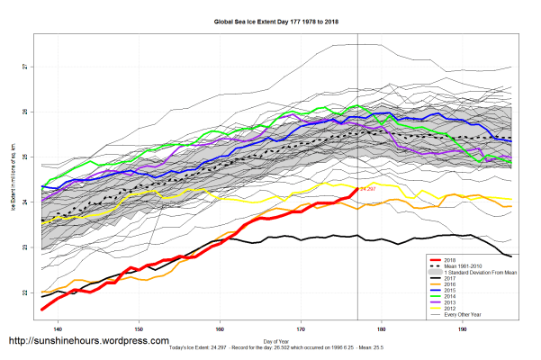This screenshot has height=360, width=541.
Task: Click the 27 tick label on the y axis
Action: click(26, 67)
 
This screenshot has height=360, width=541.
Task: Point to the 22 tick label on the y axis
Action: click(26, 292)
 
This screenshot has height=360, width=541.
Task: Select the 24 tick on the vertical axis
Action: click(26, 202)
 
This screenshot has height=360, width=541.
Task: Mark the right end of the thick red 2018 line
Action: click(357, 191)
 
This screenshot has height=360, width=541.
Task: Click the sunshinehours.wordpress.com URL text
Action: click(88, 341)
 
